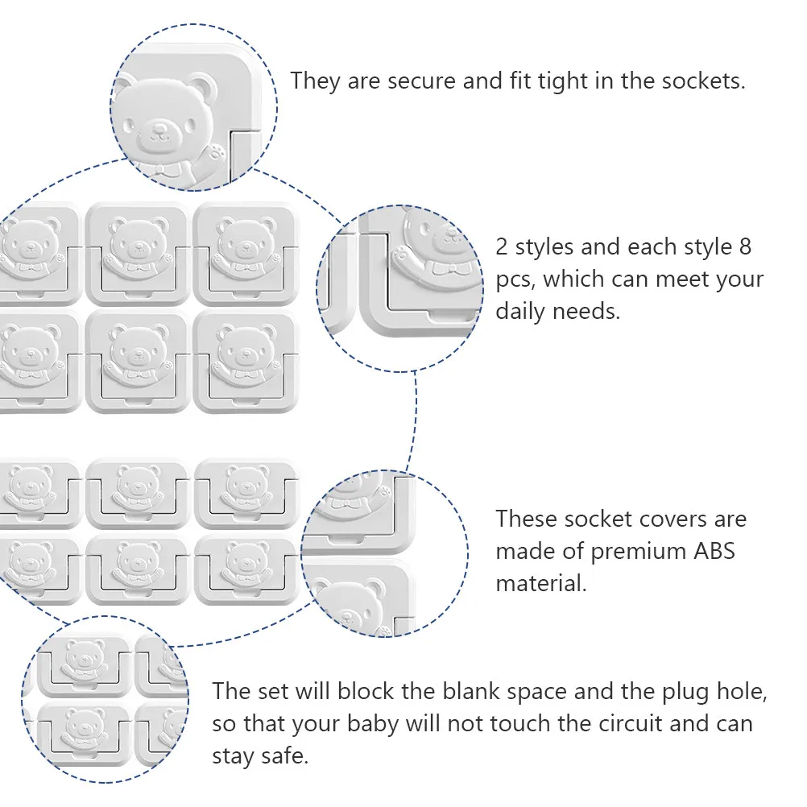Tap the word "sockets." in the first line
[x=704, y=81]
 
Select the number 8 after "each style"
[x=745, y=247]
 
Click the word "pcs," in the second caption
[x=515, y=280]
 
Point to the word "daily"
[x=519, y=312]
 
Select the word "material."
[x=541, y=584]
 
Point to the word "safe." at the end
[x=284, y=756]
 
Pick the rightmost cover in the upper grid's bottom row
[x=246, y=362]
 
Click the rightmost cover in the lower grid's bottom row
[x=246, y=569]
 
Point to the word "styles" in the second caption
[x=544, y=248]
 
